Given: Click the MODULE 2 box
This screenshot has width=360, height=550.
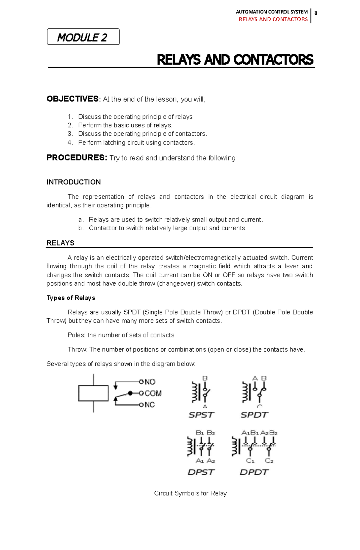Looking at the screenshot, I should click(x=83, y=37).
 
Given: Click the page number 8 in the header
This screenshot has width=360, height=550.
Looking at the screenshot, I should click(x=316, y=13).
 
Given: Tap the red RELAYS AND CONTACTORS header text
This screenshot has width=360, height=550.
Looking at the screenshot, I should click(x=273, y=19).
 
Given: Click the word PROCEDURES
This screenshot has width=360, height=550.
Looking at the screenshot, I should click(x=76, y=158).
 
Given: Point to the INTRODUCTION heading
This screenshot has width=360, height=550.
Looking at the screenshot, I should click(x=73, y=182).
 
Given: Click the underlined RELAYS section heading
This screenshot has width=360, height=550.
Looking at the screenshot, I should click(x=60, y=243).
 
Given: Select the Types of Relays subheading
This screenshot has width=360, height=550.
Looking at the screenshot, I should click(x=71, y=298).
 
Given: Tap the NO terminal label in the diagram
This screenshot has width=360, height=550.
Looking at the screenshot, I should click(x=150, y=382).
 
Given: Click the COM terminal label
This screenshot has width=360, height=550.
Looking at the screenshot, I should click(x=153, y=393).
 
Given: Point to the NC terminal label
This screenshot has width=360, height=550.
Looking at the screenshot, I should click(x=149, y=405).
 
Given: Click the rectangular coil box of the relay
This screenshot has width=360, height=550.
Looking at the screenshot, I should click(x=93, y=393).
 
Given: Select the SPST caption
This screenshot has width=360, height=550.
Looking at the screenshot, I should click(x=201, y=415).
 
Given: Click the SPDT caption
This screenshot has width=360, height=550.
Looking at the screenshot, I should click(x=254, y=415).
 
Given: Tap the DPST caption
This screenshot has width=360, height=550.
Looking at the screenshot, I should click(x=201, y=472).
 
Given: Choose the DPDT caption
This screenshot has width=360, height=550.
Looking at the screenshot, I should click(x=254, y=472).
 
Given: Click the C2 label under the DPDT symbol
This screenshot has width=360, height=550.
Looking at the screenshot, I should click(x=269, y=461).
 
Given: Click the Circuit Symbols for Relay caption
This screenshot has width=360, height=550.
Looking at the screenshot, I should click(x=190, y=493).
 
